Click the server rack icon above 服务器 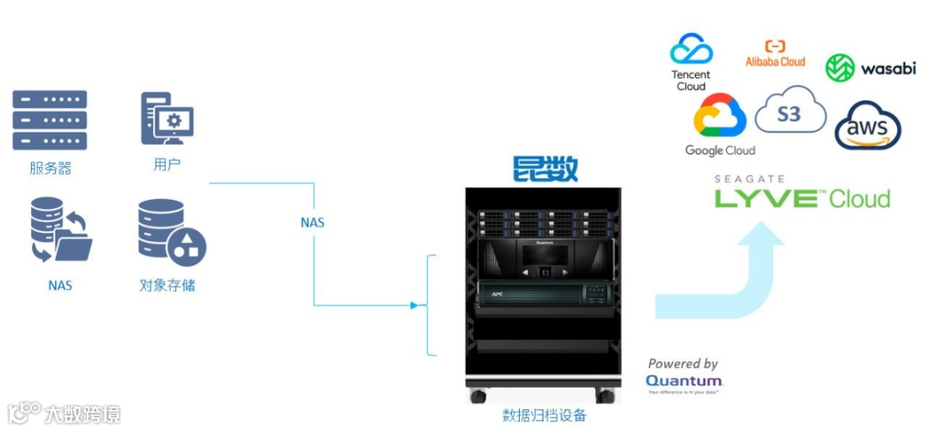[x=49, y=120]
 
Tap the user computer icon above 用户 [x=167, y=120]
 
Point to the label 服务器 [x=50, y=168]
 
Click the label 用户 [x=167, y=163]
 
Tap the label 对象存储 [x=168, y=284]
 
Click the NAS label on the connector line [x=312, y=222]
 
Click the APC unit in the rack [x=542, y=293]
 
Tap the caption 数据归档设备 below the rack [x=544, y=416]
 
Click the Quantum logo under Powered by [x=684, y=380]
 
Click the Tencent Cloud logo [x=692, y=61]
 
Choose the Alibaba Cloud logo [x=775, y=54]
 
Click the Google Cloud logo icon [x=719, y=116]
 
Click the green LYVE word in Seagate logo [x=766, y=199]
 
